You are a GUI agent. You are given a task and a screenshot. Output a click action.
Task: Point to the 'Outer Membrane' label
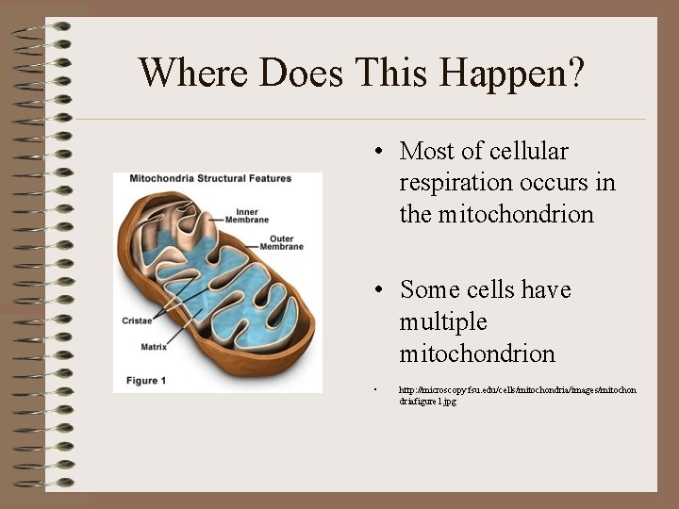click(x=287, y=242)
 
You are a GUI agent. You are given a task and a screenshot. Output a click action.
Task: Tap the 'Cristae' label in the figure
click(x=137, y=320)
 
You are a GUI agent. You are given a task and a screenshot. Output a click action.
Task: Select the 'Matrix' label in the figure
click(x=154, y=346)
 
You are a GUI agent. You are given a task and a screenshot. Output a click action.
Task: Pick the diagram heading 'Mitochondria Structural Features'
click(x=210, y=178)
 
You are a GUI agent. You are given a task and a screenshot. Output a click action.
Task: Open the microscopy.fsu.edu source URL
click(x=517, y=394)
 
